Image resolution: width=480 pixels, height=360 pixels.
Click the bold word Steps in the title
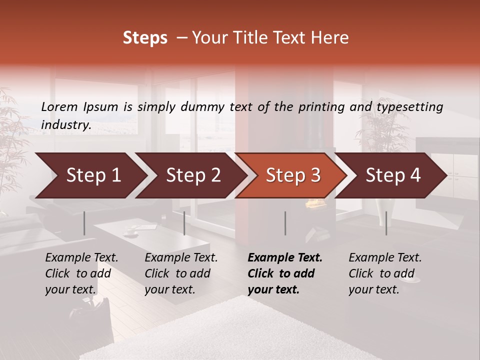click(x=145, y=38)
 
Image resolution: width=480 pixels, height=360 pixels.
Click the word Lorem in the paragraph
click(x=59, y=106)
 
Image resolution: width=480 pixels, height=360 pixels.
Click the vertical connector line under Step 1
click(x=84, y=223)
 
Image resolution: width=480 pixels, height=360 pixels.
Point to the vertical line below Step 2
click(x=184, y=223)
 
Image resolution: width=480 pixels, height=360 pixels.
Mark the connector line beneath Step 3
click(x=285, y=223)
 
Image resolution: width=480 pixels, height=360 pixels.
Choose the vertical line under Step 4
click(x=386, y=223)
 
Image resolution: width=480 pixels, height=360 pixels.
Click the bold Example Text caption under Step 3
click(x=285, y=273)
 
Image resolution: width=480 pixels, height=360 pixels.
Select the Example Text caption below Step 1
click(x=81, y=273)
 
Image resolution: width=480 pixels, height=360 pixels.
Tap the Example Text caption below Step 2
click(x=181, y=273)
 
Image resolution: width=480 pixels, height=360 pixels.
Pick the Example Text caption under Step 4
click(x=385, y=273)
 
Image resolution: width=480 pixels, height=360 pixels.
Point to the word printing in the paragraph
click(x=317, y=107)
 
